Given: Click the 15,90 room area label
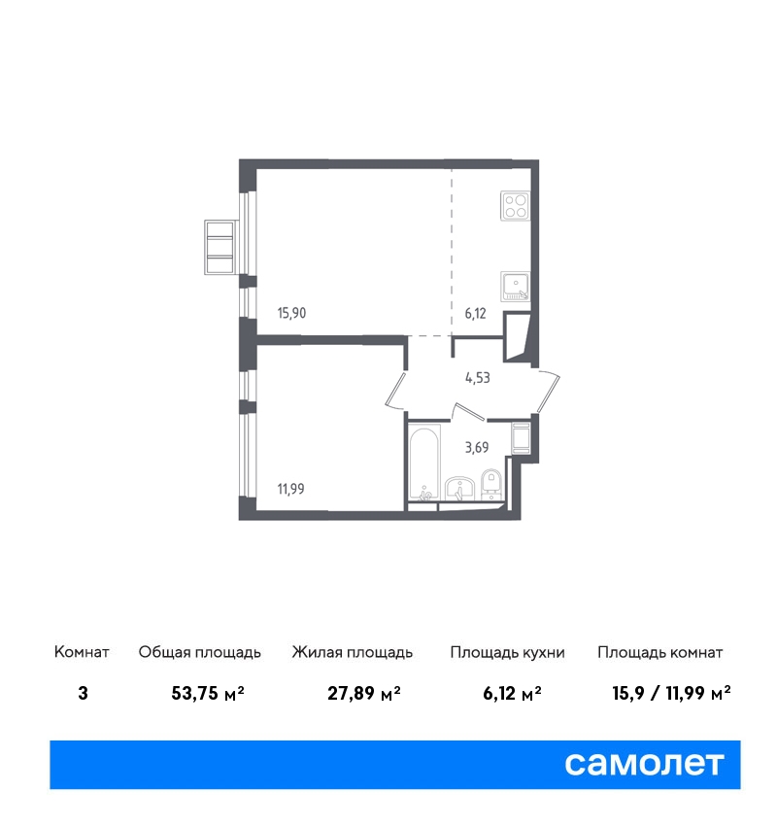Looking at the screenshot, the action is tap(291, 313).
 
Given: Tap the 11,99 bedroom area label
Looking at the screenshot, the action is tap(291, 489).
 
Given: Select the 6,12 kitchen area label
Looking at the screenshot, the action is tap(475, 314).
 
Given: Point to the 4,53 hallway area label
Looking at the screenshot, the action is tap(478, 378).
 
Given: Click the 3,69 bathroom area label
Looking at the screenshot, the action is tap(477, 448).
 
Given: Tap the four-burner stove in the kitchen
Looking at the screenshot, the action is tap(516, 206).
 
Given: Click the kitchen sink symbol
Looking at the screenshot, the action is tap(516, 287).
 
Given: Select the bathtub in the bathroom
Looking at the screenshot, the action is tap(424, 462).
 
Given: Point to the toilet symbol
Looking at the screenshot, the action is tap(491, 484).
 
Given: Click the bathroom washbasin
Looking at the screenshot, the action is tap(460, 489).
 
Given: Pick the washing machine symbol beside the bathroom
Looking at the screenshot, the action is tap(521, 437).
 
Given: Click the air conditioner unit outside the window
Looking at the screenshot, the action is tap(219, 247).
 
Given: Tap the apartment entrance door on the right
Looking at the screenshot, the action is tap(549, 391).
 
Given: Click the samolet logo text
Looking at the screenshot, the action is tap(644, 763).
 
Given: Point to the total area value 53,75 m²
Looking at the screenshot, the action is tap(208, 693).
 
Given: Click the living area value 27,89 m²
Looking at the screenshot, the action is tap(364, 693).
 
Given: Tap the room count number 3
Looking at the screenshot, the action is tap(83, 693).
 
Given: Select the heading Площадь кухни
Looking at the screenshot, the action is tap(507, 653).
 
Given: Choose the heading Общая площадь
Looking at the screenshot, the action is tap(199, 653).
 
